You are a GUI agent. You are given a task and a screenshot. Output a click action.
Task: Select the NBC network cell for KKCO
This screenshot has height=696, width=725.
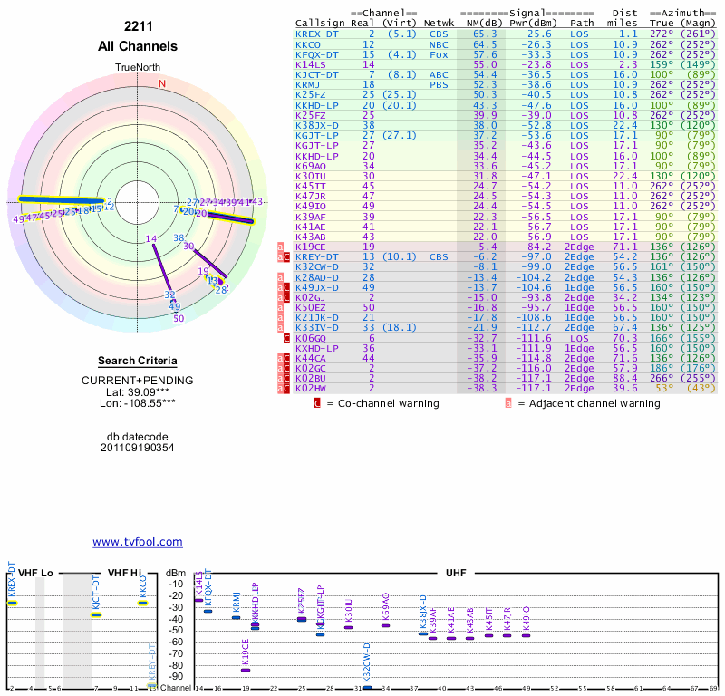tap(439, 44)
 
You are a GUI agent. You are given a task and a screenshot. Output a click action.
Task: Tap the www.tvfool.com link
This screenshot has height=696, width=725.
tap(138, 542)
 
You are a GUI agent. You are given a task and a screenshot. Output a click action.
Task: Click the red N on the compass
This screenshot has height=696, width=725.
tap(162, 84)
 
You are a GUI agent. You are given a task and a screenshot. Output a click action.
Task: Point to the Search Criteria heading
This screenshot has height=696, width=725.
tap(138, 361)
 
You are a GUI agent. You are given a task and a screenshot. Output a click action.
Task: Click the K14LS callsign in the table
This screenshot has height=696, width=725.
tap(311, 64)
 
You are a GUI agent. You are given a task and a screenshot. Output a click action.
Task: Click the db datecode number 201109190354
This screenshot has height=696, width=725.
tap(137, 448)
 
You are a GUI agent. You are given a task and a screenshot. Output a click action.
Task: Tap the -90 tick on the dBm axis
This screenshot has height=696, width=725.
tap(176, 676)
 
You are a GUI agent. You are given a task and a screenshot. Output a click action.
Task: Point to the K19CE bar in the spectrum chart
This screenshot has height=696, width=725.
tap(246, 670)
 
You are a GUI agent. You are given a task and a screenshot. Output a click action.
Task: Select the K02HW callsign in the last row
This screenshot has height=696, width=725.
tap(311, 387)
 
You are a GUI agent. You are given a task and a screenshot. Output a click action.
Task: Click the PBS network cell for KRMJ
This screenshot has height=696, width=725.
tap(439, 84)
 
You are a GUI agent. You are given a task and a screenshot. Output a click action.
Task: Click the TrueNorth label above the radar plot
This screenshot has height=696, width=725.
tap(138, 68)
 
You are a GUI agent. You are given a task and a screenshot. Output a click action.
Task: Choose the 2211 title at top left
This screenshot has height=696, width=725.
tap(138, 26)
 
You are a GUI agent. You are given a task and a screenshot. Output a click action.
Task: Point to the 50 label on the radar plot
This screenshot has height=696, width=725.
tap(179, 318)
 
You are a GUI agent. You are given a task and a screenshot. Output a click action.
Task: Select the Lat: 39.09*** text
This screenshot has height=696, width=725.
tap(138, 391)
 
